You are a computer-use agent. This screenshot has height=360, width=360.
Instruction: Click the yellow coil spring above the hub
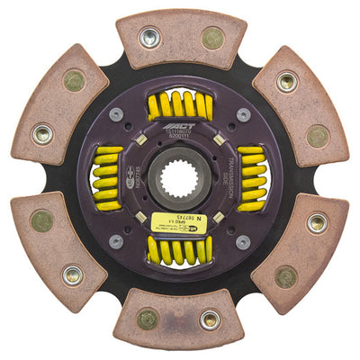[x=179, y=105]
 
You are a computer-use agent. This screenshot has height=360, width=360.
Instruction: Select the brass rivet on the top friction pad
[x=212, y=38]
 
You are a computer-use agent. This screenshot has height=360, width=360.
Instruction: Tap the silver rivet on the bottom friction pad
[x=210, y=319]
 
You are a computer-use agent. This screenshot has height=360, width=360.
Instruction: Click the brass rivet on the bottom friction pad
[x=148, y=319]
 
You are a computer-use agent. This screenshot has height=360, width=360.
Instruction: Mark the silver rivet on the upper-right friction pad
[x=287, y=82]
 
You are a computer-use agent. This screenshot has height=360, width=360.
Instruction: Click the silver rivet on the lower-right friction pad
[x=317, y=221]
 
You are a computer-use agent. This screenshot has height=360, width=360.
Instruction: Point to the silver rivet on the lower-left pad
[x=72, y=274]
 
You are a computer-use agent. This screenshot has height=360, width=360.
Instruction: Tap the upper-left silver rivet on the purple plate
[x=116, y=114]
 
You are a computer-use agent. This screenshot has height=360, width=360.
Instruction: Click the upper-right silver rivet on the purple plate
[x=243, y=114]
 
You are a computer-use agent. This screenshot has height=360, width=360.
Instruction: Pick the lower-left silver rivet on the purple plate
[x=116, y=241]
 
